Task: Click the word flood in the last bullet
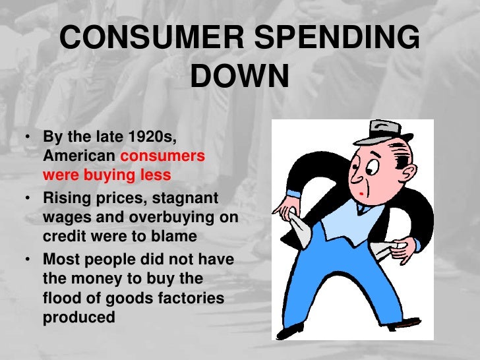(63, 299)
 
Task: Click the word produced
(79, 317)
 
